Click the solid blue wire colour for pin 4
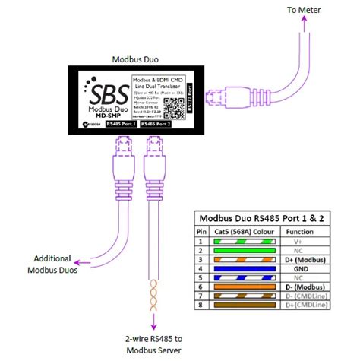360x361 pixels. [238, 268]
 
